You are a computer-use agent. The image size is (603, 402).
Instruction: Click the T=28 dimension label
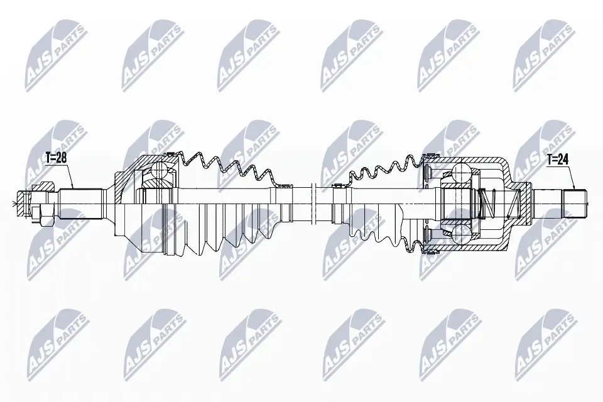55,157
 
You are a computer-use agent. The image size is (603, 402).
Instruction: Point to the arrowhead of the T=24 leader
573,189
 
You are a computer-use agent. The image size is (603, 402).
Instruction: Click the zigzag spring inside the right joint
490,203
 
